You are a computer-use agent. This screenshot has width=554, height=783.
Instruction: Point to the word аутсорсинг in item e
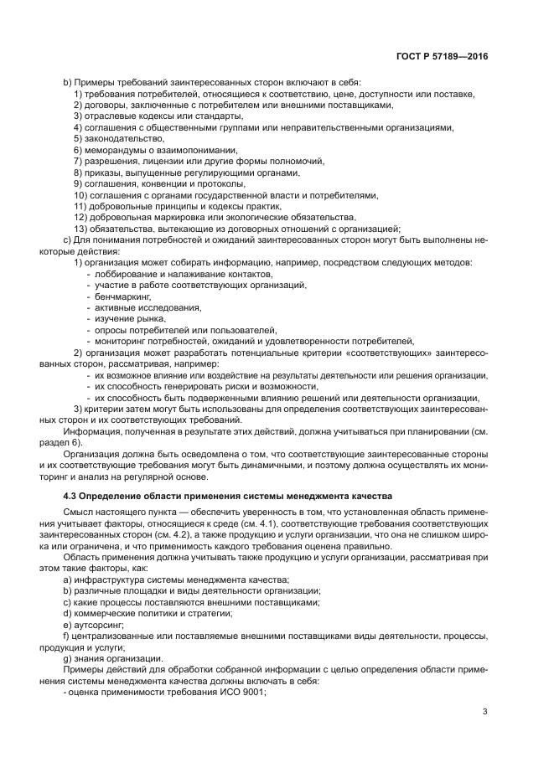pos(97,625)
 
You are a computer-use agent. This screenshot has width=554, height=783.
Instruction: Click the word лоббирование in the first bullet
pos(126,274)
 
